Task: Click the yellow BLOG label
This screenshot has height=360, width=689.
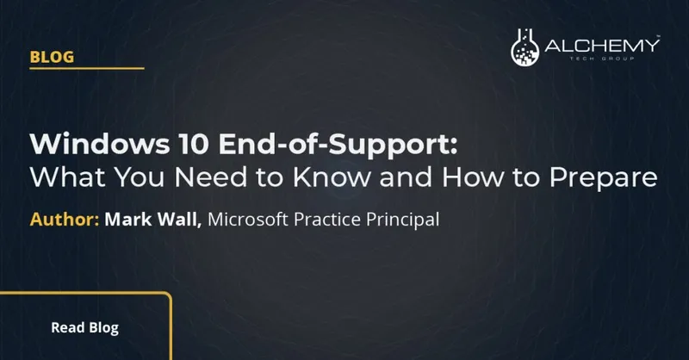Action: [52, 57]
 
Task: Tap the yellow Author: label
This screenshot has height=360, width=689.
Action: [65, 220]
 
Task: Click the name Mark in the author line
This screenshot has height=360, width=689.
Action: [127, 220]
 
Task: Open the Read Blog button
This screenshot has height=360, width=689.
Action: [84, 327]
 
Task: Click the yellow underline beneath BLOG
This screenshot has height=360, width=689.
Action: [86, 68]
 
